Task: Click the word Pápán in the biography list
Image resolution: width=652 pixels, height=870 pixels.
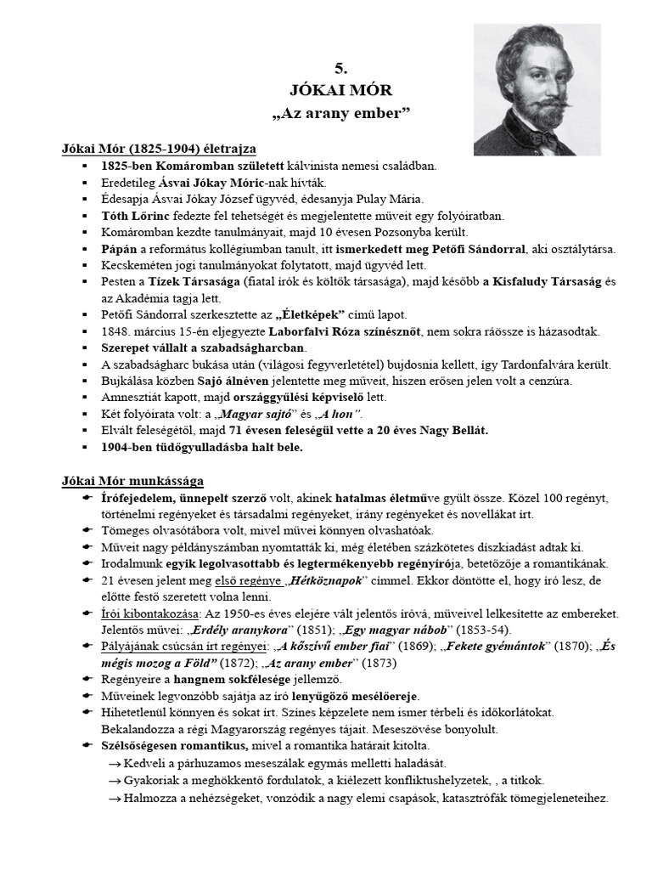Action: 120,249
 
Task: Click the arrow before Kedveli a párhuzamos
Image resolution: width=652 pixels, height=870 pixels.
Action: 114,763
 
